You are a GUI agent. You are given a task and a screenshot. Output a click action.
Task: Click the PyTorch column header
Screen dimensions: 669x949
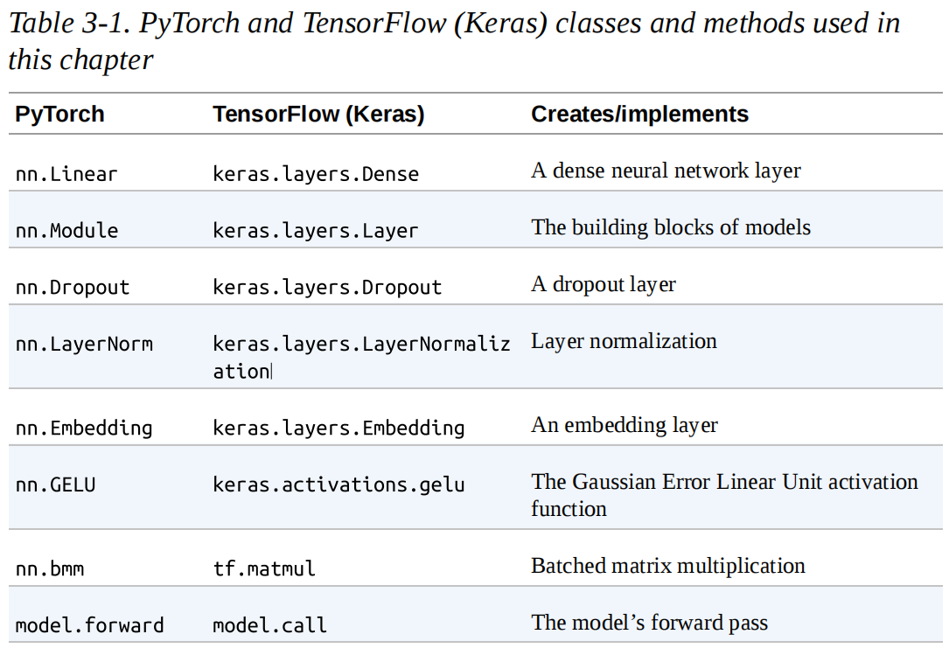[x=59, y=115]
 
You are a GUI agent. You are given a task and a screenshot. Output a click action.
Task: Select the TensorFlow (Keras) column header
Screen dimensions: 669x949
[x=318, y=115]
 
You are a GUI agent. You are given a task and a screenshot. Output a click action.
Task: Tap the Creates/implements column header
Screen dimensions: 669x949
[x=639, y=115]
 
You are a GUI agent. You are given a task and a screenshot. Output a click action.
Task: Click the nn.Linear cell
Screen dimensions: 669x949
[x=66, y=174]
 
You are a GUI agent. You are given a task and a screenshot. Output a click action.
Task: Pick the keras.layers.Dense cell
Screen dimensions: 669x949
[x=316, y=174]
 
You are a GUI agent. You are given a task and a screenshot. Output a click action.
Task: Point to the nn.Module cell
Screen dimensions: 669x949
[x=66, y=231]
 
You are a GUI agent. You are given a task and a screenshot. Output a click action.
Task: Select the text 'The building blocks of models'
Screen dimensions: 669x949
[x=670, y=227]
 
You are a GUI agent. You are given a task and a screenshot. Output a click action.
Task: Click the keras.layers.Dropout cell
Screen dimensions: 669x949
[x=327, y=288]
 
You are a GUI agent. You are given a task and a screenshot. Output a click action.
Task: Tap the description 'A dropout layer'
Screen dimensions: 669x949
[x=603, y=284]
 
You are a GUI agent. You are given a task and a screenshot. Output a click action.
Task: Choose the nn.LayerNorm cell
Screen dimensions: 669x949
[x=84, y=345]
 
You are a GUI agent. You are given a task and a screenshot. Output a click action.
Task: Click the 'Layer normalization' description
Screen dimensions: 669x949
[x=624, y=341]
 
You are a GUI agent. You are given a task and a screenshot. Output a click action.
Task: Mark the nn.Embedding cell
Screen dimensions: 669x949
[x=84, y=429]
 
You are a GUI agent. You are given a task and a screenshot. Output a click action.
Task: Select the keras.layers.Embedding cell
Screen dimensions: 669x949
[x=338, y=429]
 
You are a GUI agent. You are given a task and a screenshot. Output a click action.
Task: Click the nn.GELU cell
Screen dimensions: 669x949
[x=55, y=484]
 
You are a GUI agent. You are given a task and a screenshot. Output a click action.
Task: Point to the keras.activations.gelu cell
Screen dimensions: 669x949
[x=338, y=484]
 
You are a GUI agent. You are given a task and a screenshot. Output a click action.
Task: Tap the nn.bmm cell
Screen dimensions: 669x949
[x=50, y=569]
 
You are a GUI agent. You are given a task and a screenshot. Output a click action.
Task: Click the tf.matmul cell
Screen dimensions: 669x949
[x=264, y=569]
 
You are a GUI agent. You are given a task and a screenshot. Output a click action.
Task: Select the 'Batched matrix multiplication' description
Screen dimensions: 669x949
[x=667, y=566]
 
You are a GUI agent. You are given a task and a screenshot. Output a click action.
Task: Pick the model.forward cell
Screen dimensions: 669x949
[x=89, y=626]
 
